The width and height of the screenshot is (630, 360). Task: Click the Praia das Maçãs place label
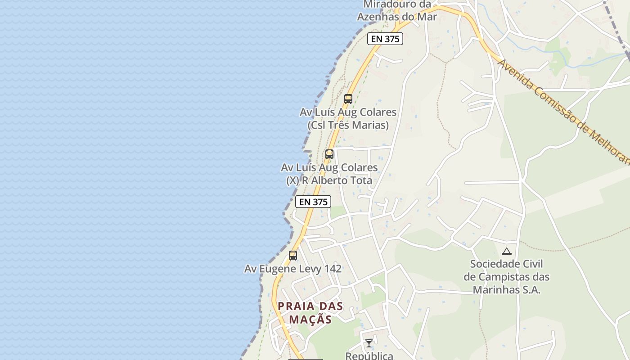pos(310,313)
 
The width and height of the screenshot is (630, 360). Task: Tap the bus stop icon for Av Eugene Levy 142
pos(293,256)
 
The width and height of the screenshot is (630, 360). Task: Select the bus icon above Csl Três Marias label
pos(348,99)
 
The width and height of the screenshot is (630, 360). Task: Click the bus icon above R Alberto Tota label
pos(329,154)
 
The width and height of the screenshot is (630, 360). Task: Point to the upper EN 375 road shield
pos(385,39)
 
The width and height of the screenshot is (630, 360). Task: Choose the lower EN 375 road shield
pos(313,202)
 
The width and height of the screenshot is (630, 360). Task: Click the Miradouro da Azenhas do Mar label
pos(397,11)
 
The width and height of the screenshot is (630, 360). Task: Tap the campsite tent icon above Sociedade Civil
pos(507,252)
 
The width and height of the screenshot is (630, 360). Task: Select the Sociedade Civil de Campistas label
pos(506,276)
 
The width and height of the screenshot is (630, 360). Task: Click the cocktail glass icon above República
pos(369,343)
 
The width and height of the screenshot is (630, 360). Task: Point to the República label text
pos(369,355)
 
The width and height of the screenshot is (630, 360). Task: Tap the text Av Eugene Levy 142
pos(293,269)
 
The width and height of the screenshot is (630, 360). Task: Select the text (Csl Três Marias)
pos(348,125)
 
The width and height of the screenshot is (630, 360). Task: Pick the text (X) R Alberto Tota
pos(329,180)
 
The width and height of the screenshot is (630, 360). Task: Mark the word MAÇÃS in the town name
pos(310,319)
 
